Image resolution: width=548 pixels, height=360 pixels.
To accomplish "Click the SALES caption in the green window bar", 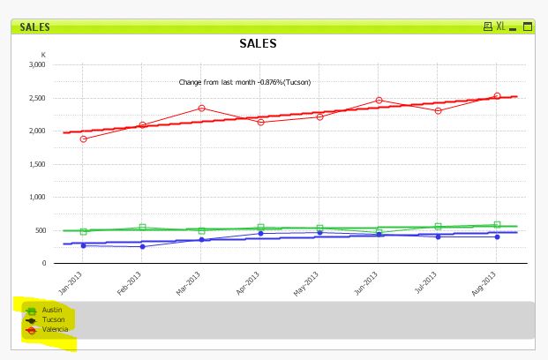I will click(x=34, y=26).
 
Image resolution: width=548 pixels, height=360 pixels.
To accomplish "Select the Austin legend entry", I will click(x=51, y=311).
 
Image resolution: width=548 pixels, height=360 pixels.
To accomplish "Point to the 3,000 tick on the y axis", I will click(x=37, y=64).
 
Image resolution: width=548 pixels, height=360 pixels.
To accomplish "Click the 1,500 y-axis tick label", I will click(x=37, y=164).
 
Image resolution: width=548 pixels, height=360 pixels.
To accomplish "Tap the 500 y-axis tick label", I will click(x=41, y=230).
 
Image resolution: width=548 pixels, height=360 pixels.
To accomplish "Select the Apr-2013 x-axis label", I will click(x=250, y=281).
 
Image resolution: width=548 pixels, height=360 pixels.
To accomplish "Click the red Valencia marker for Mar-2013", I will click(x=201, y=109).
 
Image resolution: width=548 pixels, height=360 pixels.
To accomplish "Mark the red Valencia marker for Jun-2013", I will click(x=379, y=101).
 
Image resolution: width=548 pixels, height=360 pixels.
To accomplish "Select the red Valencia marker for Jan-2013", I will click(x=83, y=139).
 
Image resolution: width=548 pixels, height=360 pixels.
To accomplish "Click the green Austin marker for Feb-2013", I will click(x=142, y=228).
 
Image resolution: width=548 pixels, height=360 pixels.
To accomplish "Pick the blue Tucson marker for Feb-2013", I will click(x=142, y=246).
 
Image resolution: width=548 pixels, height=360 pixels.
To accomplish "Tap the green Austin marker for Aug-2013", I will click(x=498, y=225).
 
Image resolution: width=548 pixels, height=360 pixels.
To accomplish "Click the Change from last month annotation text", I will click(x=244, y=82).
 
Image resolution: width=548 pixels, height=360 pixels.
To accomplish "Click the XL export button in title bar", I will click(x=500, y=26).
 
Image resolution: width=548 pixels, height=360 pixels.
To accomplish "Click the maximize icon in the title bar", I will click(x=528, y=26).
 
